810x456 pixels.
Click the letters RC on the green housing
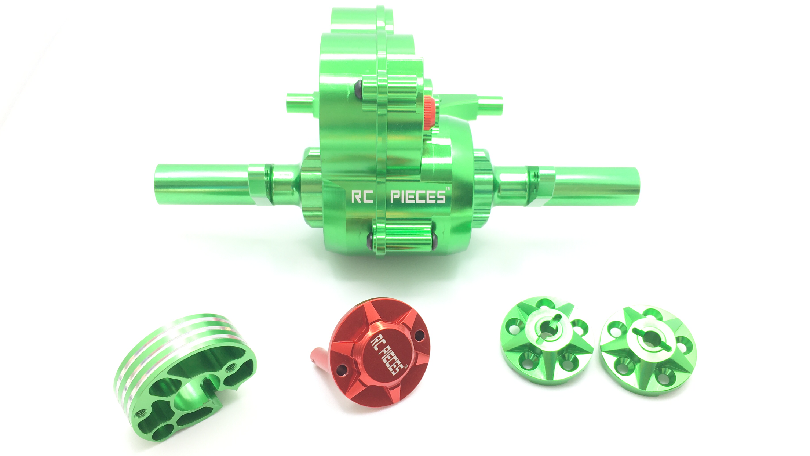tap(362, 197)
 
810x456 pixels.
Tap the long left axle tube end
tap(163, 184)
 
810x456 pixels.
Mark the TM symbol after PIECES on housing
tap(448, 189)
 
